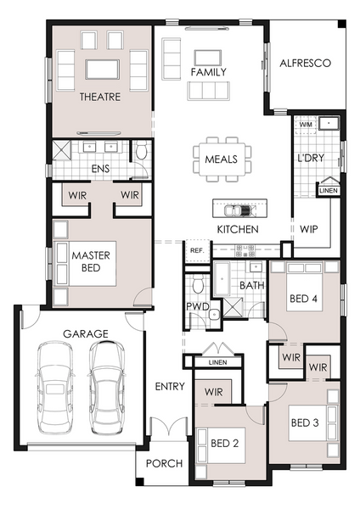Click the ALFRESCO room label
point(305,63)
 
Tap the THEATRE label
point(100,97)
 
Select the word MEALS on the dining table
point(222,159)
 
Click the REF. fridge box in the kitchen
point(197,250)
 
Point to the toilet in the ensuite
point(142,150)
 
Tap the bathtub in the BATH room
point(222,278)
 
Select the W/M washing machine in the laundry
point(306,125)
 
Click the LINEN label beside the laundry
point(329,191)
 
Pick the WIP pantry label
point(309,229)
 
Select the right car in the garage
point(107,387)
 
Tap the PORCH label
point(164,463)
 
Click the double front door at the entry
point(169,426)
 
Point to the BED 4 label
point(303,299)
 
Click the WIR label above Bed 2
point(213,392)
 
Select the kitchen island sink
point(239,210)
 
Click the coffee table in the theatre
point(103,70)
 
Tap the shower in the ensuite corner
point(61,150)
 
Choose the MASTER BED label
point(91,261)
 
